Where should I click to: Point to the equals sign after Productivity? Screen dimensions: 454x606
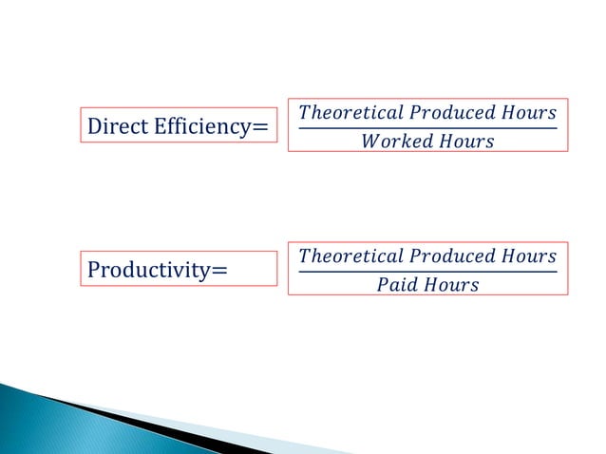click(219, 271)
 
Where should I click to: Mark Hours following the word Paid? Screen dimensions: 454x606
click(451, 285)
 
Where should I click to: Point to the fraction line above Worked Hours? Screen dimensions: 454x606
click(427, 128)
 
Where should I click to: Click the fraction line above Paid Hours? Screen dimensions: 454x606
click(427, 271)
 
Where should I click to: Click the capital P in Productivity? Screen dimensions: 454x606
click(93, 271)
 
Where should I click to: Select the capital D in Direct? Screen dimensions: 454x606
click(93, 126)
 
